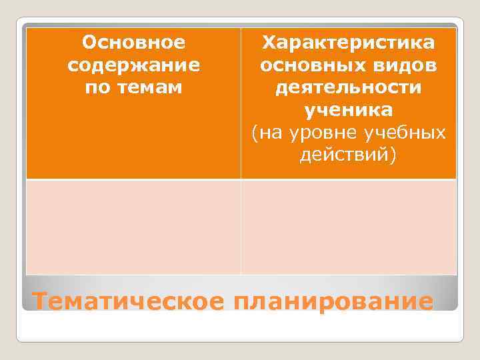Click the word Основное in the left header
point(133,44)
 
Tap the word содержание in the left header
point(133,66)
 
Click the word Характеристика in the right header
point(348,44)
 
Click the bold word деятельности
point(348,88)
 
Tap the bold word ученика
point(348,110)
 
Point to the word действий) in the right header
point(348,155)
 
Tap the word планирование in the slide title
point(333,301)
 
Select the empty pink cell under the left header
point(133,227)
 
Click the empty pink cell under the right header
point(348,227)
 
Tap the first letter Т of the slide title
point(40,301)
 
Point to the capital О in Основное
point(88,44)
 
